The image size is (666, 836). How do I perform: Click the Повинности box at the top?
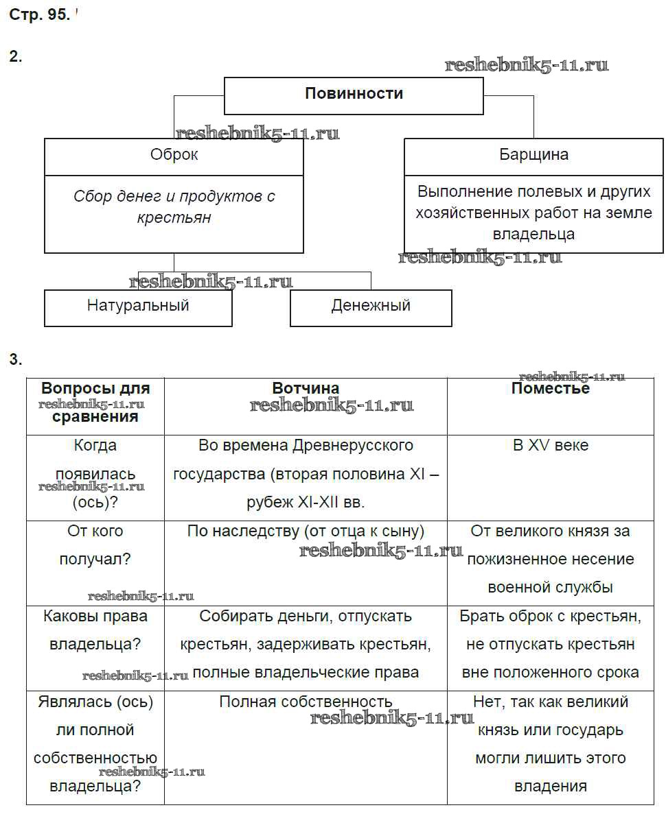pos(354,94)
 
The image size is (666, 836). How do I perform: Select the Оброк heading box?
pos(174,155)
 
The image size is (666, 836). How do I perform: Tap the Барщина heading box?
pos(533,155)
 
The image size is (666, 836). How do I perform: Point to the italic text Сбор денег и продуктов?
pos(174,197)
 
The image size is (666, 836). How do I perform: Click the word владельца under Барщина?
pos(533,235)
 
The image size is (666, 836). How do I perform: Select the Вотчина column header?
pos(306,389)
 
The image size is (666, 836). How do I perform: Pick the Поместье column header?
pos(550,389)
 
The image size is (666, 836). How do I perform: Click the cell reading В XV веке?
pos(550,446)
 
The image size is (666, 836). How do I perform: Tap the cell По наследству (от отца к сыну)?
pos(306,531)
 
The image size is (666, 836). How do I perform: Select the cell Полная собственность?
pos(306,702)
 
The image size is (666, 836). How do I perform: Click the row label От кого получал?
pos(95,545)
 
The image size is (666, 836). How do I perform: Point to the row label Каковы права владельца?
pos(95,630)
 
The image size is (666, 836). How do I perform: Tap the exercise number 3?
pos(15,359)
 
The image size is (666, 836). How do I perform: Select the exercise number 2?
pos(15,57)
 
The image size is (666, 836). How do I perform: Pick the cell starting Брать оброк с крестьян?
pos(550,617)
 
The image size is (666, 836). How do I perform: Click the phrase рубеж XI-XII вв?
pos(306,503)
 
